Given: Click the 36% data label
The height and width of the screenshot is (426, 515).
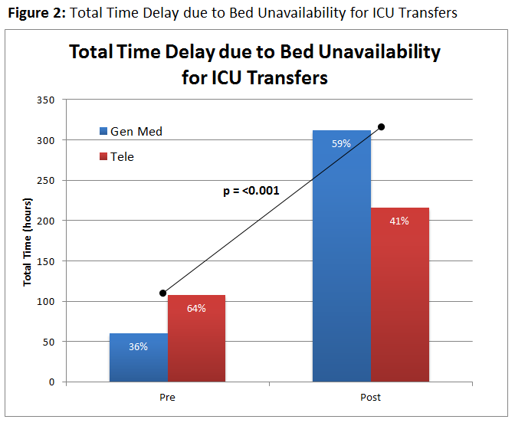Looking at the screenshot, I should click(138, 346).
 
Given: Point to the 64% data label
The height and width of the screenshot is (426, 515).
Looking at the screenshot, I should click(196, 309).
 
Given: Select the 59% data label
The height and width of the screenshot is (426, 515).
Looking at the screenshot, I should click(342, 143).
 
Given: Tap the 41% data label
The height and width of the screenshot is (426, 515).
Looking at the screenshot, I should click(399, 221).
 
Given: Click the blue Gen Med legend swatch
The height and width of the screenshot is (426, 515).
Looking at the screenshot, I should click(103, 131).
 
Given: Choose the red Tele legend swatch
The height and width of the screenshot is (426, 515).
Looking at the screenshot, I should click(103, 157).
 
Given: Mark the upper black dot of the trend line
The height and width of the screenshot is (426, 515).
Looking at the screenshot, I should click(381, 126).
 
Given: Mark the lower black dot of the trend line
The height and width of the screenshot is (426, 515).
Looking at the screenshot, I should click(162, 293).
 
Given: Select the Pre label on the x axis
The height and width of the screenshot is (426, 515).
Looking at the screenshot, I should click(167, 398).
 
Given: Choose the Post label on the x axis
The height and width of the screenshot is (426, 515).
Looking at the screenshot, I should click(370, 398).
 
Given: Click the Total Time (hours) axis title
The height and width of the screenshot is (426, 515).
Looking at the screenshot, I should click(27, 241).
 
